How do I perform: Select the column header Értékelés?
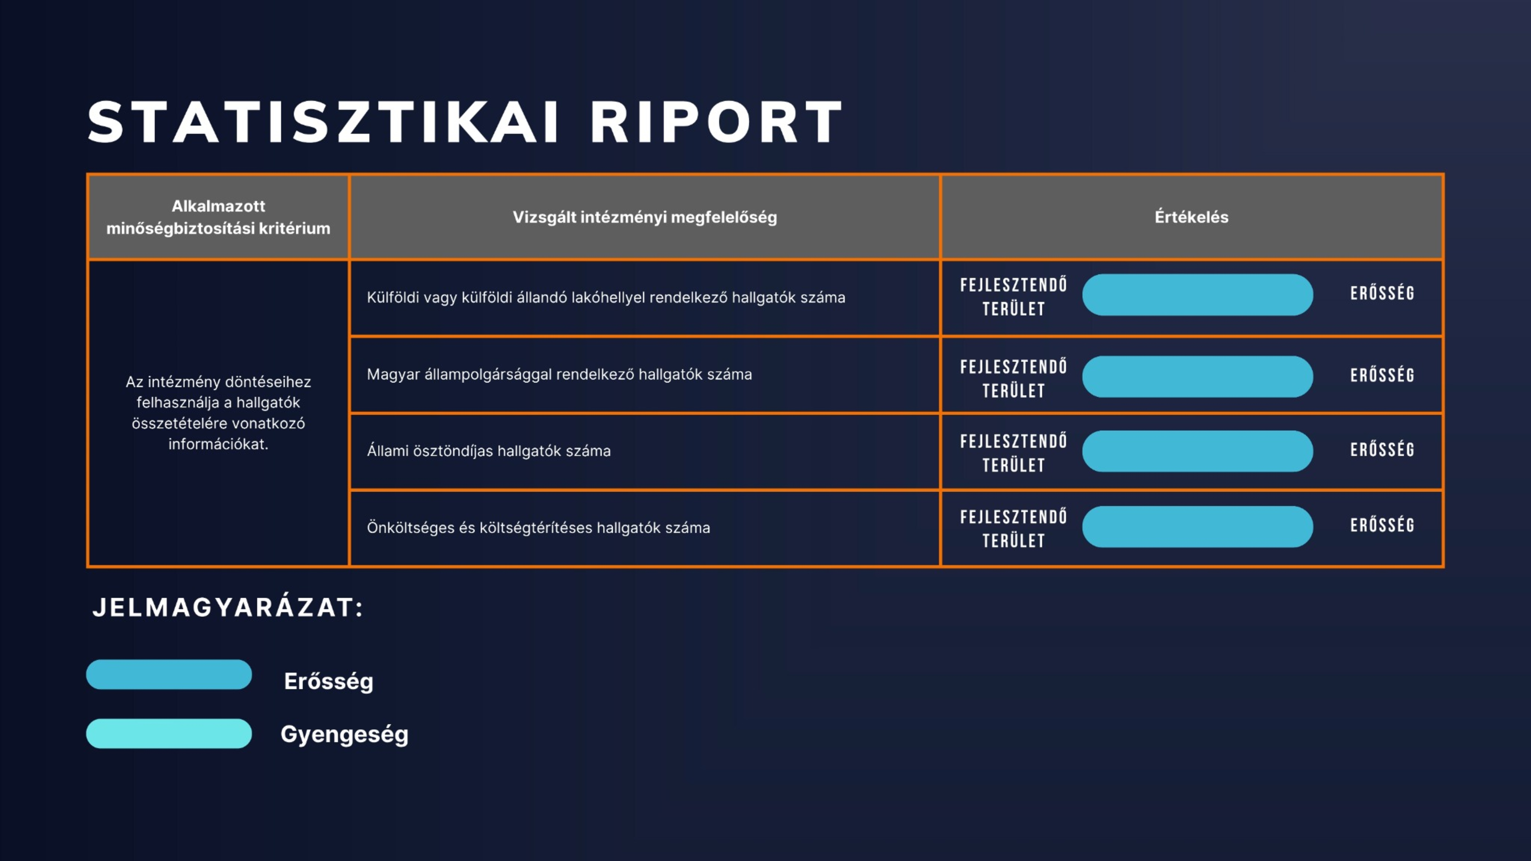coord(1191,217)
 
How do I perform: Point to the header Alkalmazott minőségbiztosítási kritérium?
coord(218,217)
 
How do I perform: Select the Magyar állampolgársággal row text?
coord(559,374)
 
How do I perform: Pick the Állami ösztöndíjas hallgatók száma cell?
coord(489,451)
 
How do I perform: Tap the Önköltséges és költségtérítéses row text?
coord(538,528)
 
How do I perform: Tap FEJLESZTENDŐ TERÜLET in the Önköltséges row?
coord(1013,528)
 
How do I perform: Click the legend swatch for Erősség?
coord(169,675)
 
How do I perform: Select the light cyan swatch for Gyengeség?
coord(169,733)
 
